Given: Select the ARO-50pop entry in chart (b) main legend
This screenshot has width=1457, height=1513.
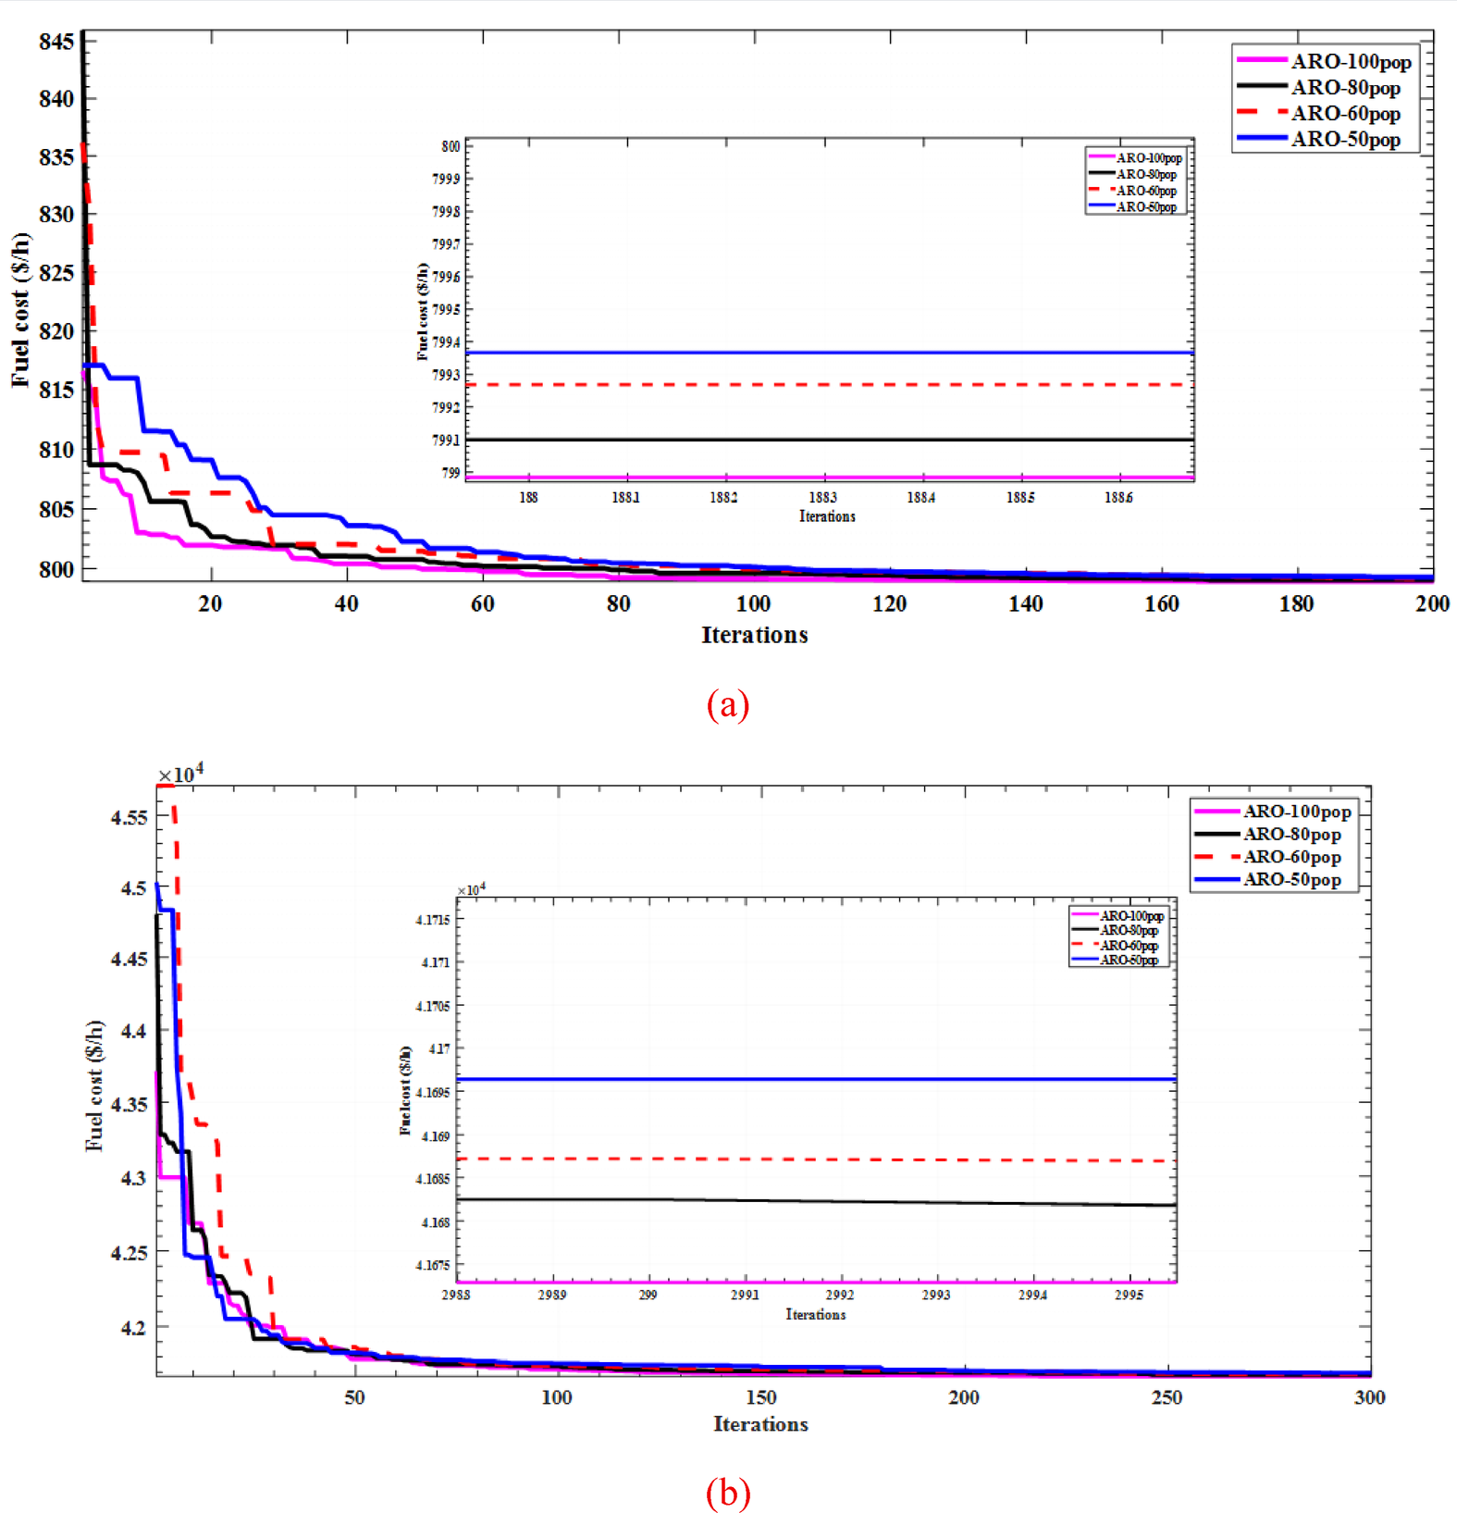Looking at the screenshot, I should coord(1291,879).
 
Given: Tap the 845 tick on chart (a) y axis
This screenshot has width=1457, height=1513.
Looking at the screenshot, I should coord(56,42).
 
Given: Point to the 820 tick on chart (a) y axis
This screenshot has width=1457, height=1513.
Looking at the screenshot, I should coord(56,331).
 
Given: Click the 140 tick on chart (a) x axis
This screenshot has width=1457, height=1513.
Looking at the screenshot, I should coord(1025,604).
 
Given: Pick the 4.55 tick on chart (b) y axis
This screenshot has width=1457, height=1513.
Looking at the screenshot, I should coord(129,817).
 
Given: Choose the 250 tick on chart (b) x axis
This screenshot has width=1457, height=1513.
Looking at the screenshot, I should coord(1167,1397).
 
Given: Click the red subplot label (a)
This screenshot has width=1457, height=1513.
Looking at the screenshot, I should coord(727,705).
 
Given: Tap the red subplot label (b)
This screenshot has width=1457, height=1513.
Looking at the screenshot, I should coord(727,1493).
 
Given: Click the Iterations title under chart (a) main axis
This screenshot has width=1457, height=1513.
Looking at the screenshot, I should coord(754,636).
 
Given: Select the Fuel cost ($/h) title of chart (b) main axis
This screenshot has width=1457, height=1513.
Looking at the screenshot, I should coord(94,1085).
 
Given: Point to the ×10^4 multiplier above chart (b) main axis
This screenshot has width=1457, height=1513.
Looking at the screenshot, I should coord(180,774).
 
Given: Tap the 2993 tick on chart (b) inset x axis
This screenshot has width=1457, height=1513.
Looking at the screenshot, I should coord(935,1295).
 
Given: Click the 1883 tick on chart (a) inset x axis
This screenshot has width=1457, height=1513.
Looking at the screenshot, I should coord(821,498).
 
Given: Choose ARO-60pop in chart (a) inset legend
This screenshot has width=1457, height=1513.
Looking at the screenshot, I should coord(1145,191).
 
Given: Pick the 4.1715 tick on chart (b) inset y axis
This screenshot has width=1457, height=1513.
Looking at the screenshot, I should coord(433,920).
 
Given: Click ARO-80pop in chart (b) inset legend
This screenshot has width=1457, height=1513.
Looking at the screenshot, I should coord(1129,930).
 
